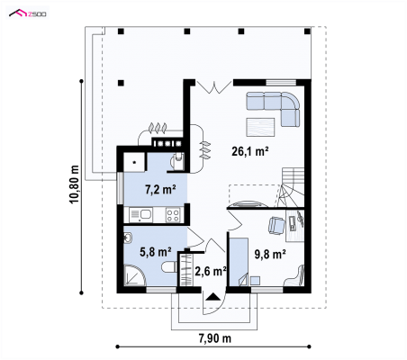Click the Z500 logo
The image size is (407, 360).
[x=28, y=13]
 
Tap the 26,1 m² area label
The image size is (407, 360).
[x=249, y=151]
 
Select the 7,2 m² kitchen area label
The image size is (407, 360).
[x=160, y=189]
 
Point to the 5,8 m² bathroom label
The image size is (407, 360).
[x=156, y=252]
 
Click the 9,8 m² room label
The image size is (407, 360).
[x=270, y=254]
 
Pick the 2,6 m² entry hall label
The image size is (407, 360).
[x=211, y=271]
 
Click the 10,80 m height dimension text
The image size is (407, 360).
[x=74, y=184]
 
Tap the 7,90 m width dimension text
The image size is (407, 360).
[x=215, y=338]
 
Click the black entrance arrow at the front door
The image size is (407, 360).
[x=213, y=297]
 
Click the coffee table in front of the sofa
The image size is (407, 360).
[x=260, y=127]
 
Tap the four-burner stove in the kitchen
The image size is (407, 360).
[x=173, y=215]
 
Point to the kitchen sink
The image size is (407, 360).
[x=140, y=215]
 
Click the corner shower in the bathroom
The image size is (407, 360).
[x=132, y=276]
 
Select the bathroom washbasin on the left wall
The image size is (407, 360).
[x=128, y=238]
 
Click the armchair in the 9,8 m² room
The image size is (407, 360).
[x=276, y=225]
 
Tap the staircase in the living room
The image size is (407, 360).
[x=291, y=187]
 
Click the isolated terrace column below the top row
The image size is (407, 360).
[x=121, y=83]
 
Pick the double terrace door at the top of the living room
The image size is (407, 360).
[x=214, y=86]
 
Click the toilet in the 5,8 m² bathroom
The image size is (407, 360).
[x=169, y=267]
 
